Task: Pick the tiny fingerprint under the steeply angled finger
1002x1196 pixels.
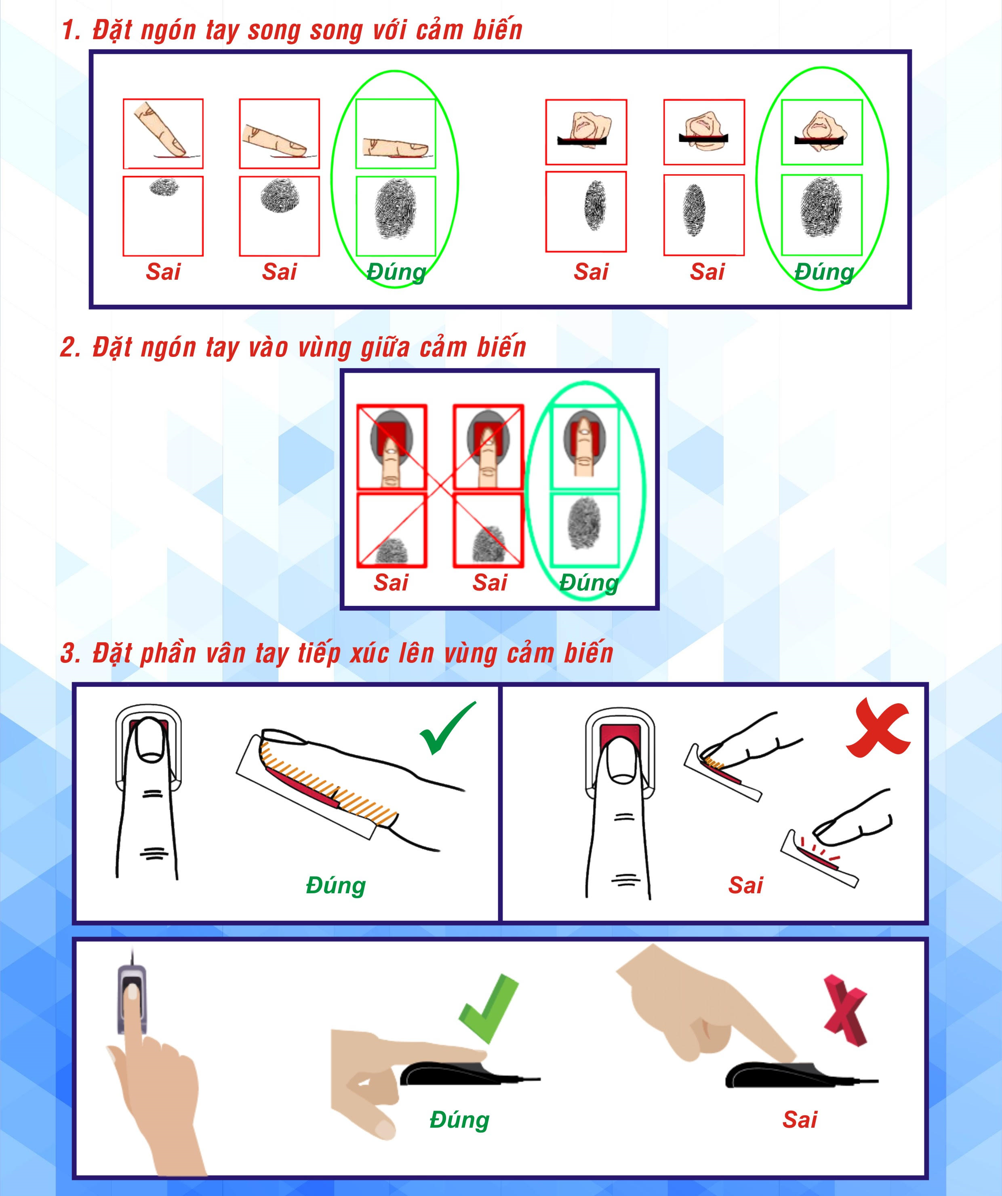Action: click(x=164, y=187)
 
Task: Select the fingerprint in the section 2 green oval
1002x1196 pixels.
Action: click(x=584, y=523)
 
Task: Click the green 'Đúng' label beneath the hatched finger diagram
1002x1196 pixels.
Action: click(x=335, y=886)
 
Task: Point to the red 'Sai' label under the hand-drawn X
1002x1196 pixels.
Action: click(x=745, y=886)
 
